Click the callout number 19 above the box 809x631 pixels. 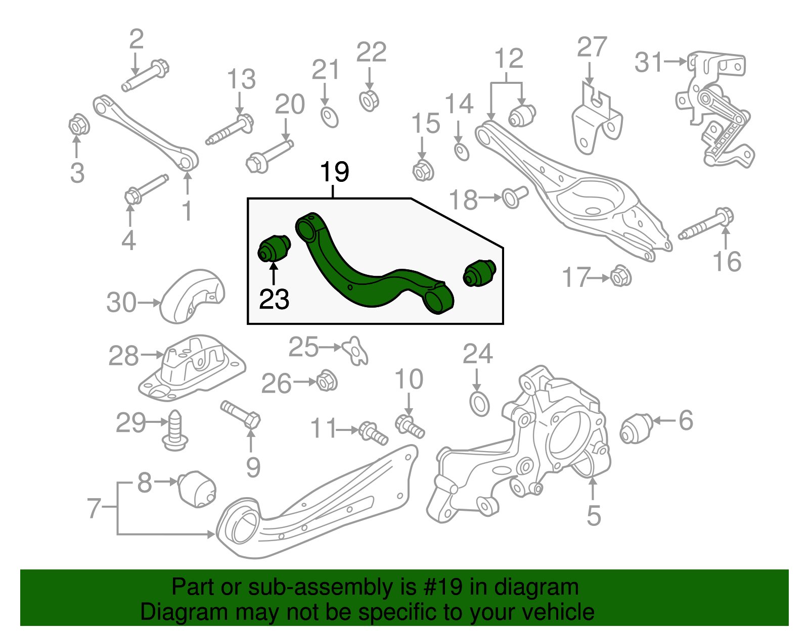coord(334,172)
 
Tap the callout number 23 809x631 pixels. coord(274,299)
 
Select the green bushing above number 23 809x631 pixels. coord(274,248)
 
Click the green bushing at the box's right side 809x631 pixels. coord(479,273)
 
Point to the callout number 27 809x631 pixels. coord(592,47)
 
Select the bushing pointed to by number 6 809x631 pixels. coord(636,428)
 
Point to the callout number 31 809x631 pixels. coord(649,62)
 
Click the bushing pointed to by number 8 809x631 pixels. coord(198,489)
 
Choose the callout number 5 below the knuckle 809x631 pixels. coord(594,515)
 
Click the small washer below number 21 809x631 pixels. coord(330,117)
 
